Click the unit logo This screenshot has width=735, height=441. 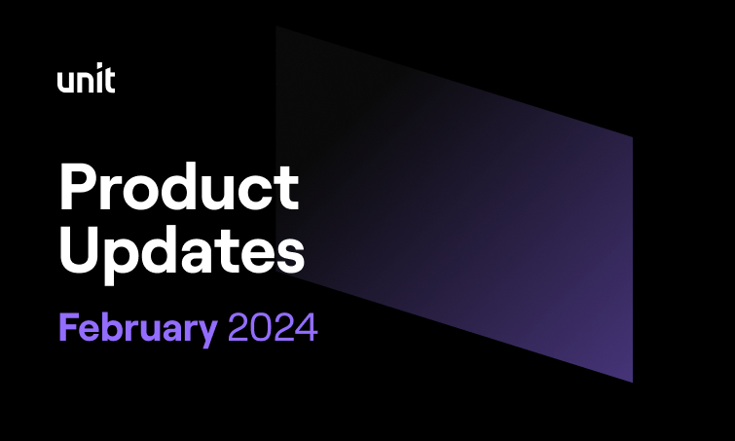(87, 77)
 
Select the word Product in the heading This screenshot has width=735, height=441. (179, 187)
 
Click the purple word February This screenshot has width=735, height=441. (138, 329)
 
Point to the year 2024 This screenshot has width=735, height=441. (273, 328)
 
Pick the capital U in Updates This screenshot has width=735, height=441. (79, 250)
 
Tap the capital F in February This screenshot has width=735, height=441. (68, 327)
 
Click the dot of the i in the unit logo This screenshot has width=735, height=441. (98, 64)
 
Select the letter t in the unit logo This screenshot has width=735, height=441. (110, 80)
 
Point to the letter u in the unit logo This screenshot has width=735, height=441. (65, 83)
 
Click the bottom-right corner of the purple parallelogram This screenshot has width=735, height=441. (633, 382)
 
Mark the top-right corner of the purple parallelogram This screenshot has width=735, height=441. (633, 137)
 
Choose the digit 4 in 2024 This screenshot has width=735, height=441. (307, 328)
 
